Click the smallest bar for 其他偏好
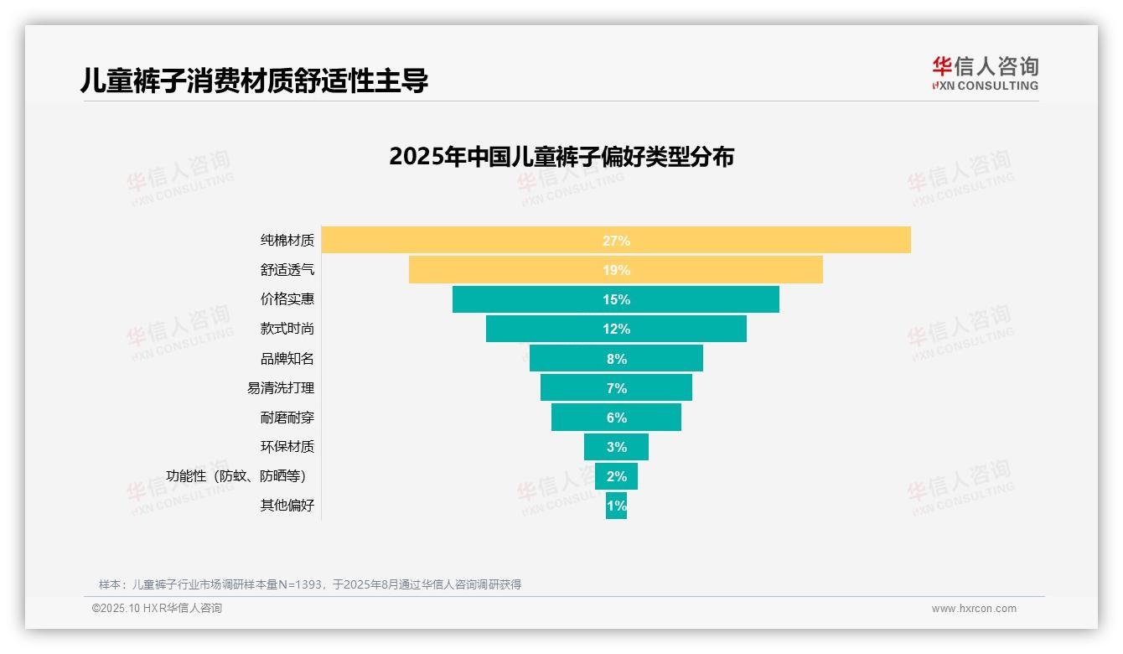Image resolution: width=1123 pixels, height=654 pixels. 616,506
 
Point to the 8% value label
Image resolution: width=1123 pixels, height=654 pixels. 616,359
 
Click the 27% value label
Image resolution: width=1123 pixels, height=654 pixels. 616,241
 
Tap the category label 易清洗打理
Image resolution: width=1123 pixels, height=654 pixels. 281,388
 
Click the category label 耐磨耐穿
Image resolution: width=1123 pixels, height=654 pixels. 287,418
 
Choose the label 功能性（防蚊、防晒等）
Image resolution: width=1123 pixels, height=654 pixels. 241,476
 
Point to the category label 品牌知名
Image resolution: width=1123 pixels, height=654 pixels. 287,359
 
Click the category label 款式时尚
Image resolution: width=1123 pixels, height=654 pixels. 287,329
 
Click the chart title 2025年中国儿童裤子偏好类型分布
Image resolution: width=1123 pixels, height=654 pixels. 561,157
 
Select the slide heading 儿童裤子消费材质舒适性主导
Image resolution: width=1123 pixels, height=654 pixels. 254,80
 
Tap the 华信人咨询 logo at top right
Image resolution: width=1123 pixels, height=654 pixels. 985,74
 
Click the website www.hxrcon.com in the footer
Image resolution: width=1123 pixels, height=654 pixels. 974,609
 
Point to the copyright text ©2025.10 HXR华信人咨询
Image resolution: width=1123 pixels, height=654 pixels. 157,609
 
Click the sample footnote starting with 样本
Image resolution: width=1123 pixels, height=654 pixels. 310,584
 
